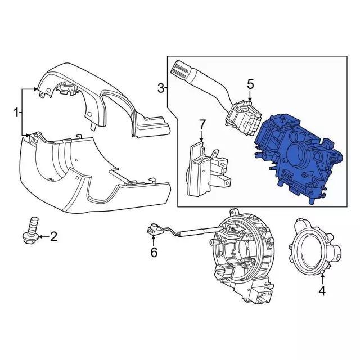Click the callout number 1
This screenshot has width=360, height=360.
coord(16,112)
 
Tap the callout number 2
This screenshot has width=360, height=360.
coord(53,236)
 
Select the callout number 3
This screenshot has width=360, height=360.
coord(161,88)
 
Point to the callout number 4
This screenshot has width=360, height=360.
coord(322,291)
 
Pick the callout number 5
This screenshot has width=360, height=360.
coord(250,84)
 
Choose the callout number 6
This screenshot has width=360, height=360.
coord(154,253)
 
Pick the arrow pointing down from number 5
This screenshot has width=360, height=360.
coord(250,96)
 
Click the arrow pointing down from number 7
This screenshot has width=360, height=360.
coord(201,136)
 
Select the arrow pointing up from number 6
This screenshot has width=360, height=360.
coord(154,241)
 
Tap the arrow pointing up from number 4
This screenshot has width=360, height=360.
coord(322,279)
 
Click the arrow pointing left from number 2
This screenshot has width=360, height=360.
coord(44,236)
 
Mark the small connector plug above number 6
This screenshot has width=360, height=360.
coord(153,230)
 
